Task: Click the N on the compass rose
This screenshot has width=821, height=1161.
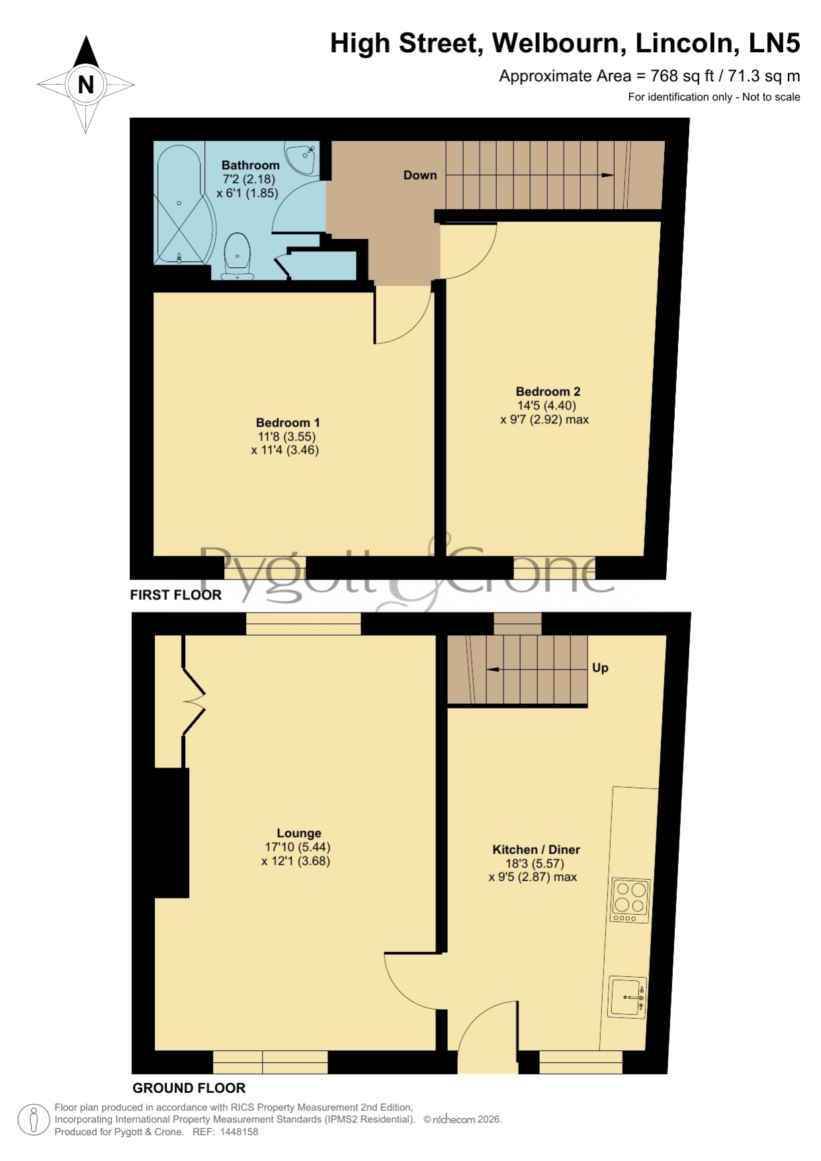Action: point(86,85)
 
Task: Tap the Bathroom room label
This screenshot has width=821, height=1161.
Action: point(250,165)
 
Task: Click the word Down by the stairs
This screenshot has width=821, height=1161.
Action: point(420,175)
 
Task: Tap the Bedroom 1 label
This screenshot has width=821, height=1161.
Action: point(288,423)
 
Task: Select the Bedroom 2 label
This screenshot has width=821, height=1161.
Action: point(548,392)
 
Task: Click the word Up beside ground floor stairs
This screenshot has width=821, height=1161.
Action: point(600,667)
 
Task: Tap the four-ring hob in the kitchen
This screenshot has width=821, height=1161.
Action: point(630,900)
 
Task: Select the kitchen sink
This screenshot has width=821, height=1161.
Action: point(627,997)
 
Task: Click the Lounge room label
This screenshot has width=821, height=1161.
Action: point(299,834)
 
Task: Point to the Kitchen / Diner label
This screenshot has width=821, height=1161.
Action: point(536,849)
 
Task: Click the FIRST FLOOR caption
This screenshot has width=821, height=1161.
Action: point(175,595)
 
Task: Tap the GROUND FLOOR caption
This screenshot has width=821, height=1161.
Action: point(189,1088)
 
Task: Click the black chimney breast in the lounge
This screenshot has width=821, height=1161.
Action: point(172,833)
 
